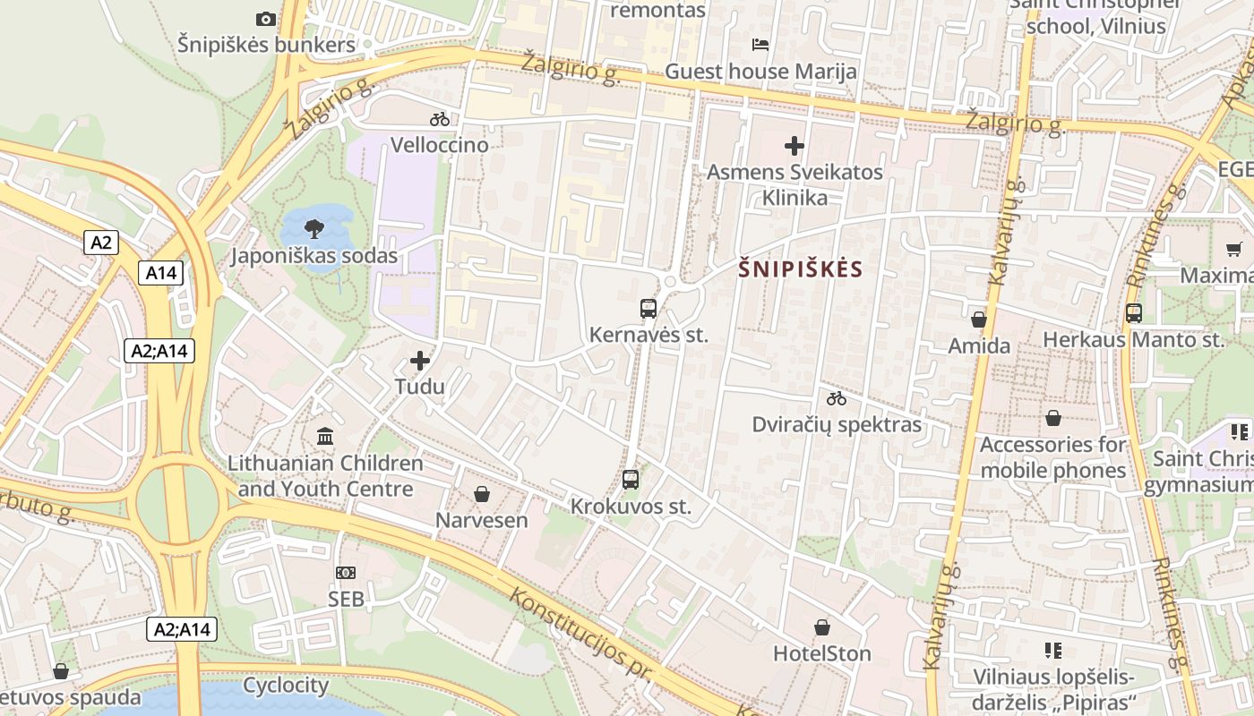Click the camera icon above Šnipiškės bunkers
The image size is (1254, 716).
tap(266, 19)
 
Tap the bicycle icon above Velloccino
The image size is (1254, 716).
tap(440, 119)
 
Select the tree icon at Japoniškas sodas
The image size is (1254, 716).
tap(313, 229)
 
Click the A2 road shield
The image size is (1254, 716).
tap(101, 242)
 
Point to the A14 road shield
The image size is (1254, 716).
tap(161, 273)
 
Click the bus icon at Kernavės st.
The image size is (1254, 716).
tap(648, 309)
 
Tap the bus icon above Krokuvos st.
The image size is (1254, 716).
tap(631, 480)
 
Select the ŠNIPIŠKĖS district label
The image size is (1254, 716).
tap(801, 269)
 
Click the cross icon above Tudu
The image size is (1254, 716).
tap(419, 361)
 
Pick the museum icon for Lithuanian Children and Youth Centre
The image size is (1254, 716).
tap(325, 437)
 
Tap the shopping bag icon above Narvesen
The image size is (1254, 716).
tap(482, 494)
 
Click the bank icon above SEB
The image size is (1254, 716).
tap(346, 573)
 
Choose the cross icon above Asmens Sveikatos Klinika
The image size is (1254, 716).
tap(794, 145)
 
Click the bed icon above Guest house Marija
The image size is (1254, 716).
tap(760, 44)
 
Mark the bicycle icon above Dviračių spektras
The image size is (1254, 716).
tap(837, 398)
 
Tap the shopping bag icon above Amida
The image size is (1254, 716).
tap(979, 320)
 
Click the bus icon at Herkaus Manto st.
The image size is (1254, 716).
tap(1134, 313)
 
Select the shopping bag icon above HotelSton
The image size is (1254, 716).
tap(822, 628)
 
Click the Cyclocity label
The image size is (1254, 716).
tap(286, 686)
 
